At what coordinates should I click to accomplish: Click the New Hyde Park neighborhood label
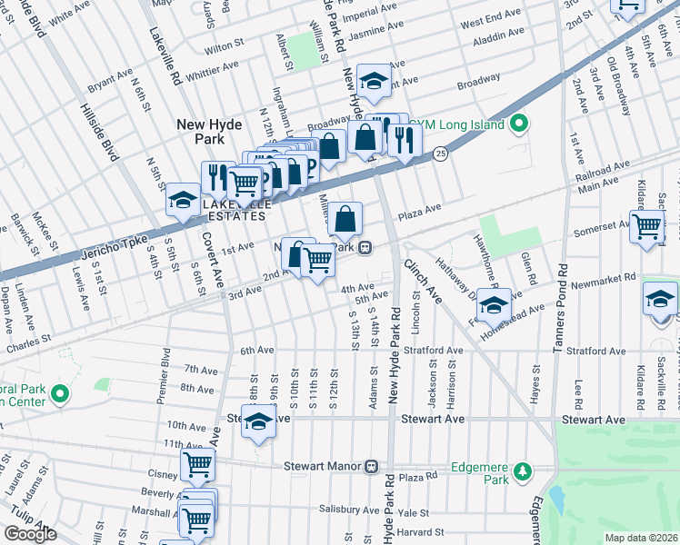pos(208,131)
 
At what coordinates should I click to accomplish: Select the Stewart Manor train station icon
pos(371,466)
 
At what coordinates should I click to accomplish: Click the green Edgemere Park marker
pos(522,471)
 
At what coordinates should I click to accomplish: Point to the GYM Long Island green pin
pos(519,124)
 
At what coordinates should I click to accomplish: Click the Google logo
pos(30,534)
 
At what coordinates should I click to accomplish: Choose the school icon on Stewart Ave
pos(259,422)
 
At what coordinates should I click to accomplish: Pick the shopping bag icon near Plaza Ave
pos(345,219)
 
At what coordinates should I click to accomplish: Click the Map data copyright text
pos(641,538)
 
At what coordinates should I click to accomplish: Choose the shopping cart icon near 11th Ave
pos(197,465)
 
